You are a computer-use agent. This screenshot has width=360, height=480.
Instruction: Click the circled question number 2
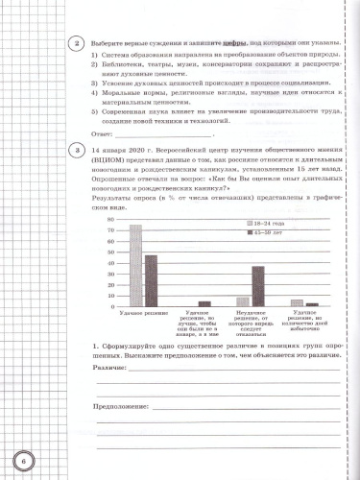point(60,44)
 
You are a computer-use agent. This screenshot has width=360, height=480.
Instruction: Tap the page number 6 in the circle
point(22,453)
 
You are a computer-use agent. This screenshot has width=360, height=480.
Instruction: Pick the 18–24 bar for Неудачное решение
point(244,301)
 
